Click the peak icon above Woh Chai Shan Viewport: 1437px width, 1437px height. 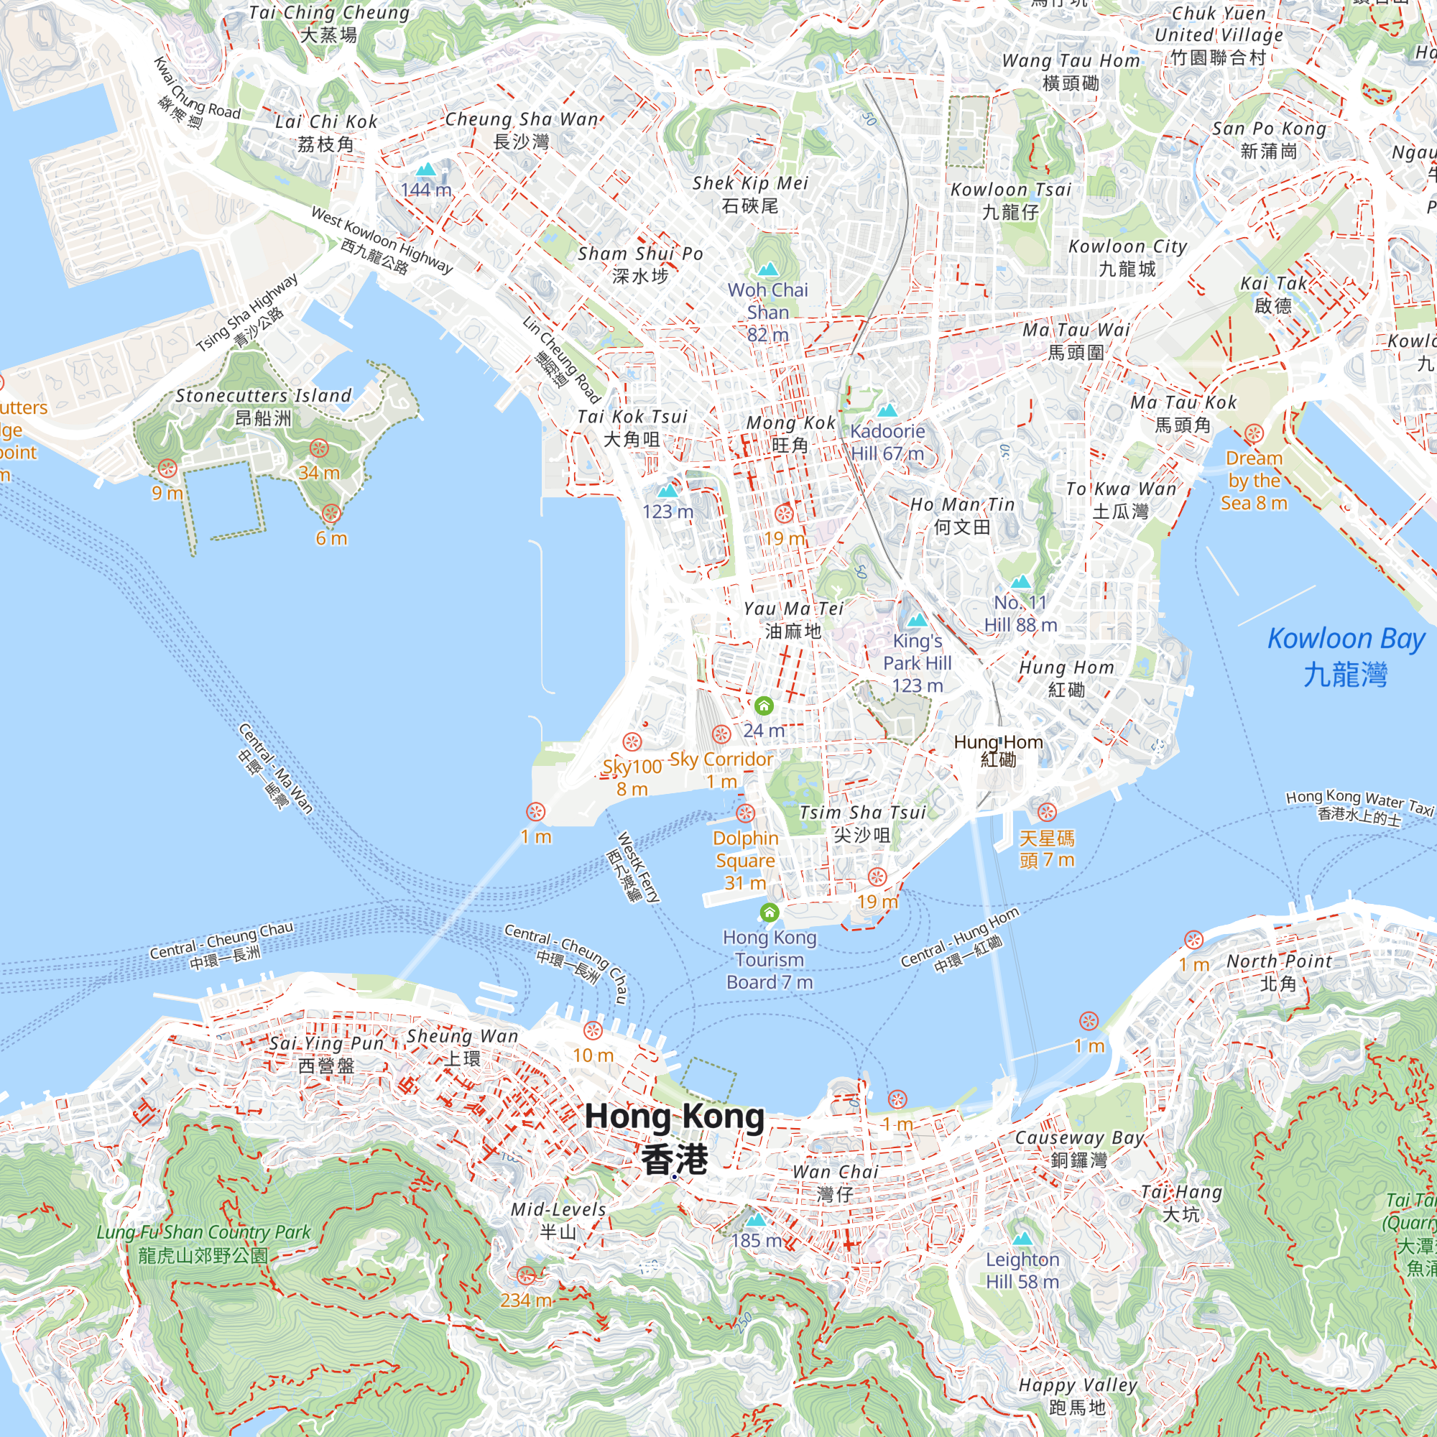[x=767, y=269]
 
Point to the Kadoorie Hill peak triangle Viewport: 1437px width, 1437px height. [x=887, y=410]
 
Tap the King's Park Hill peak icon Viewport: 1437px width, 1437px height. [x=917, y=619]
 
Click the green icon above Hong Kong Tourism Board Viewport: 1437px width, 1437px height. [x=769, y=912]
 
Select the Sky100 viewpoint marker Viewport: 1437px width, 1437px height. [x=632, y=741]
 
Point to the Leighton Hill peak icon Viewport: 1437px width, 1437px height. [x=1022, y=1239]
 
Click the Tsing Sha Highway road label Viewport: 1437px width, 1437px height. [x=247, y=313]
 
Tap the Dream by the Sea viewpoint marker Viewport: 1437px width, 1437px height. [x=1254, y=434]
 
